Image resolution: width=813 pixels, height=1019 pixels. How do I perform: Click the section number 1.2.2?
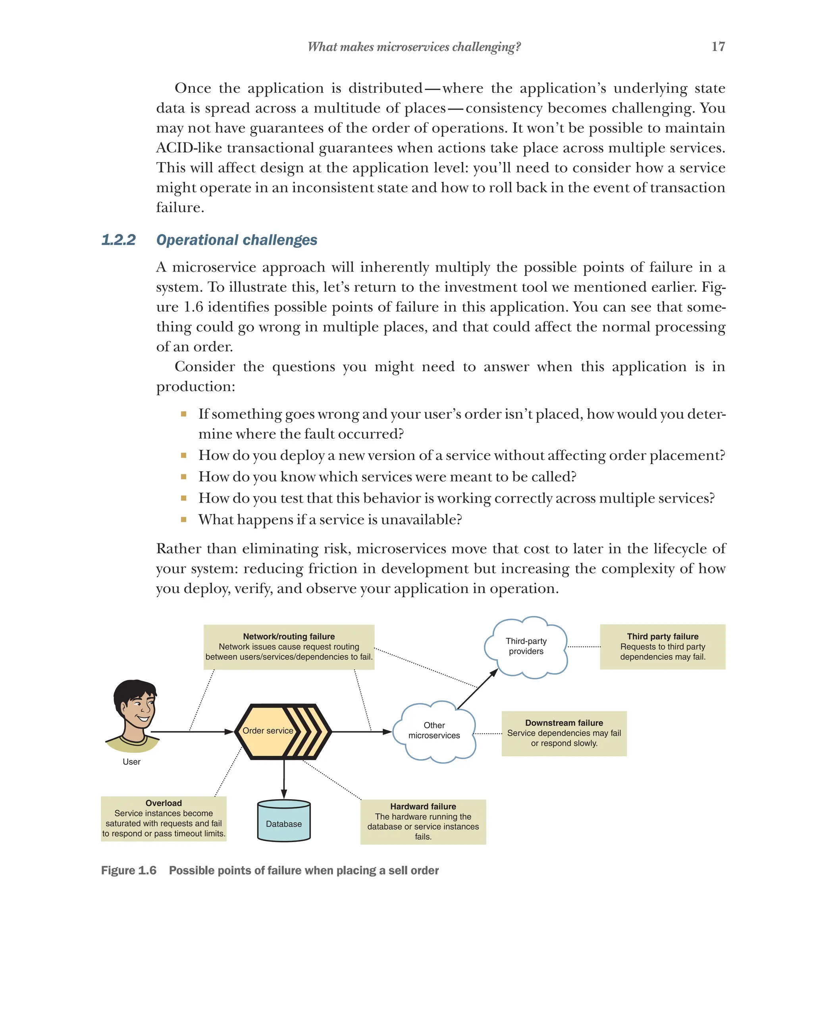coord(118,240)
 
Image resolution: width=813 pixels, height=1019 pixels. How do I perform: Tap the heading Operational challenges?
coord(237,240)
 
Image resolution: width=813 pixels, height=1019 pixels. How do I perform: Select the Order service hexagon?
coord(282,732)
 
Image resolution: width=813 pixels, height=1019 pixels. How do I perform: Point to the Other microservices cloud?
coord(434,731)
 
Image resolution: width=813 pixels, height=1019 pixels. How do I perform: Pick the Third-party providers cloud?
coord(526,647)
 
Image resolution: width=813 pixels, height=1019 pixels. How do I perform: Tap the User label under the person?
coord(131,762)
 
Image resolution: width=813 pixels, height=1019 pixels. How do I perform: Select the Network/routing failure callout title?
coord(289,637)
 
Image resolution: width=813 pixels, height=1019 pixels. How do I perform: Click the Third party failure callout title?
coord(662,637)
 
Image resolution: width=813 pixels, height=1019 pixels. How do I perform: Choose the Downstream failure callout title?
coord(564,723)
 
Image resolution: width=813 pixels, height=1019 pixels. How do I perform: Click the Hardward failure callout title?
coord(423,807)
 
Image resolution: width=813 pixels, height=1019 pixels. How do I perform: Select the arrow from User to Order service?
coord(192,732)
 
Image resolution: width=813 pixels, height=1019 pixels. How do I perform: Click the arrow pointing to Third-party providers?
coord(478,689)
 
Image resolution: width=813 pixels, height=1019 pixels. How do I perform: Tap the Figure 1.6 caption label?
coord(129,871)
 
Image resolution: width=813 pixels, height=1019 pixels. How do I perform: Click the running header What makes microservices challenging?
coord(414,47)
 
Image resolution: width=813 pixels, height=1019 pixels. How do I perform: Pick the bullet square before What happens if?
coord(183,520)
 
